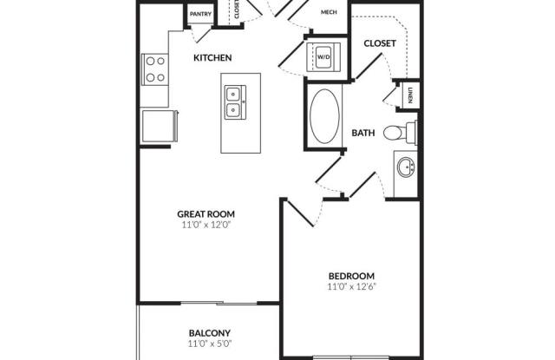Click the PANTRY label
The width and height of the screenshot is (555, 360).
(x=200, y=14)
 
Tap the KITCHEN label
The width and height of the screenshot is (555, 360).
(x=212, y=58)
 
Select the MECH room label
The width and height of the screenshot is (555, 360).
(x=329, y=12)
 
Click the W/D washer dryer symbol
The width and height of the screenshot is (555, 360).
(x=323, y=56)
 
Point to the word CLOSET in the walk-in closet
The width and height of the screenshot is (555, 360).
(x=380, y=43)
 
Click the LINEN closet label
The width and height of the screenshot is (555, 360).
(x=410, y=95)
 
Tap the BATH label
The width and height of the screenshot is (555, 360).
(x=363, y=133)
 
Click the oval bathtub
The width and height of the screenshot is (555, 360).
(x=324, y=116)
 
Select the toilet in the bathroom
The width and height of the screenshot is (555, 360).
(x=400, y=132)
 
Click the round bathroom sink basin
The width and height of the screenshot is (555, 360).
(x=406, y=167)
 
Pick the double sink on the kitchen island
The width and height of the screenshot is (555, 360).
(x=235, y=102)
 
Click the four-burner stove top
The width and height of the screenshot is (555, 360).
(x=155, y=69)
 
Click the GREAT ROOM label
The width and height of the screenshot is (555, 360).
(x=206, y=214)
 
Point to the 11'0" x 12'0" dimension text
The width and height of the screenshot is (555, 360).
(x=206, y=225)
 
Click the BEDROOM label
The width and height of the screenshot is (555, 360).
(x=351, y=276)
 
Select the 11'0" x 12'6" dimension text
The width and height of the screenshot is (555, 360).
(x=351, y=286)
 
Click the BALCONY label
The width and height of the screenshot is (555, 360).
(x=210, y=333)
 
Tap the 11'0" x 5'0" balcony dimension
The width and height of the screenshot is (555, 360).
(x=210, y=344)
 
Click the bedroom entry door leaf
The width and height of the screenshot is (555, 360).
(x=300, y=213)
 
